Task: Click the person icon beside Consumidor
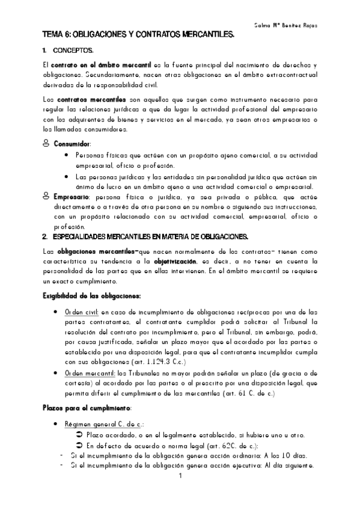(x=47, y=144)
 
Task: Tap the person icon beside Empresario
(x=47, y=196)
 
